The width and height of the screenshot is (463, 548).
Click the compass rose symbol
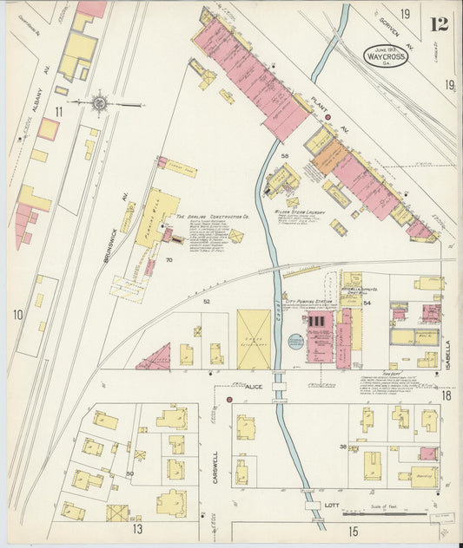click(100, 103)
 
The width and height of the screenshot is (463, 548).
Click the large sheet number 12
click(439, 23)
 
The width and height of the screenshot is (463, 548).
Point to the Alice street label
click(254, 386)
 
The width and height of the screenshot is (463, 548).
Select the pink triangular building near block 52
click(154, 356)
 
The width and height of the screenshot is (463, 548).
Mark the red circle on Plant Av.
click(328, 117)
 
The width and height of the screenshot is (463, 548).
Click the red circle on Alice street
click(229, 399)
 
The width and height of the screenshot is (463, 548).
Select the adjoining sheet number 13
click(137, 527)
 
